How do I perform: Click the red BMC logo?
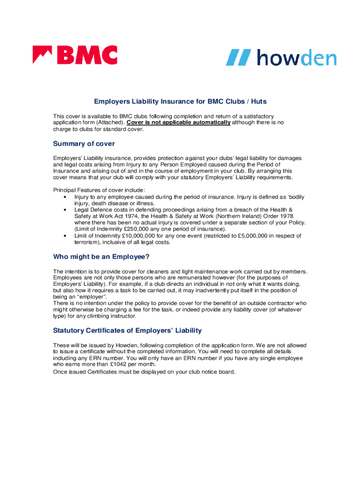coord(75,55)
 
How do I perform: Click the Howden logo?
coord(281,58)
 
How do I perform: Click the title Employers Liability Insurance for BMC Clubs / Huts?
coord(180,101)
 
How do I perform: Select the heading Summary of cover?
coord(84,144)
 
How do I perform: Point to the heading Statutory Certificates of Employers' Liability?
coord(127,330)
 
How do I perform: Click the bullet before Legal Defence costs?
coord(64,210)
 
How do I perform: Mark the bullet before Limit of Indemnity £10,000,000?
coord(64,236)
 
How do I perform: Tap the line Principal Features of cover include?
coord(99,190)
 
